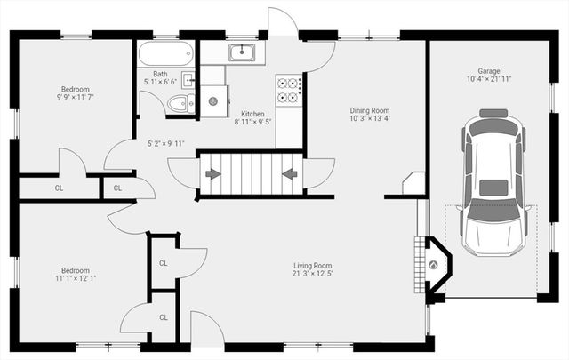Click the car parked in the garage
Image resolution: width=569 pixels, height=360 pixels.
[x=493, y=182]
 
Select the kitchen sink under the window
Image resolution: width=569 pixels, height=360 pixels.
[x=242, y=52]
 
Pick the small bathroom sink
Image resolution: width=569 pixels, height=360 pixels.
[x=189, y=79]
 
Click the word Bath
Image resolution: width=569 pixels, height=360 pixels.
[x=160, y=75]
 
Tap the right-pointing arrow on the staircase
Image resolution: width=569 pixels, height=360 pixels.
[x=212, y=173]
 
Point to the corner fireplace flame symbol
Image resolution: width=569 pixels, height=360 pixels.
[x=434, y=264]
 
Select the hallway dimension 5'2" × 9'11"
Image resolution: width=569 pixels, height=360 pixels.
[x=165, y=143]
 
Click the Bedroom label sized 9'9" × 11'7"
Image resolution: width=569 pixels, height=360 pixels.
[x=75, y=89]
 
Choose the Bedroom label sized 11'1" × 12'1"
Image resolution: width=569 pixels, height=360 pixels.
[x=75, y=270]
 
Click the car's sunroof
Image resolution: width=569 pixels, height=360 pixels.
[x=493, y=188]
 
